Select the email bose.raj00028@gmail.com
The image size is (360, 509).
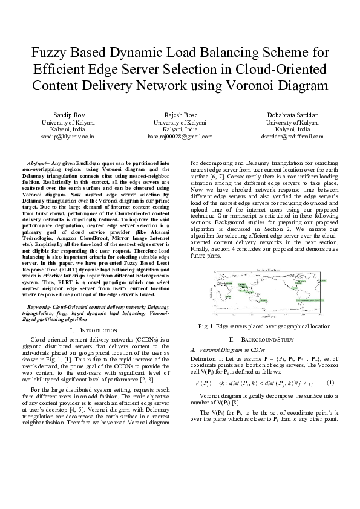tap(180, 137)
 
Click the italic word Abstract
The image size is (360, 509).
tap(39, 164)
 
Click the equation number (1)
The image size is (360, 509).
tap(330, 383)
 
